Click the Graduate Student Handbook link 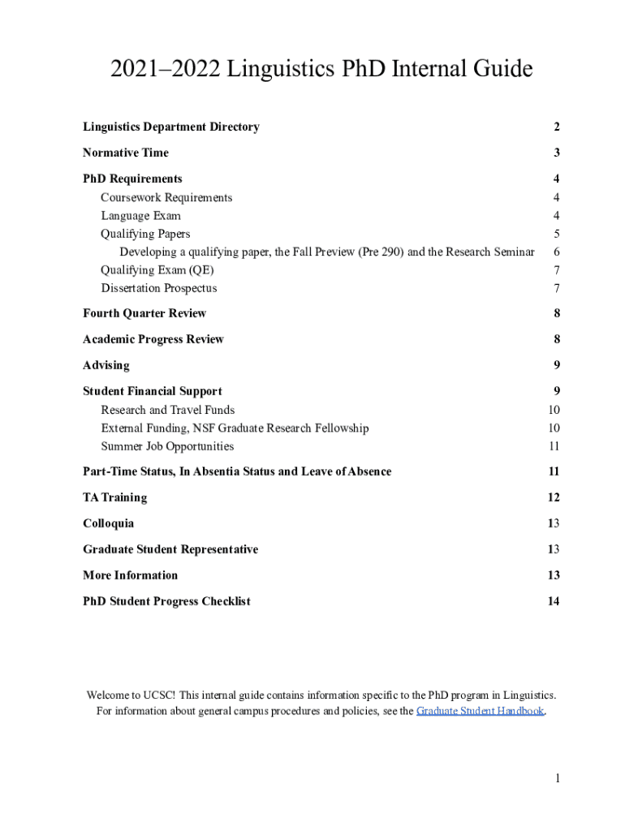[x=480, y=711]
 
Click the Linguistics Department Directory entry [x=171, y=127]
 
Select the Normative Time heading [x=126, y=153]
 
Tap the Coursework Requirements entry [x=166, y=197]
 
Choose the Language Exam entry [x=140, y=216]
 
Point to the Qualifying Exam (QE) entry [x=157, y=270]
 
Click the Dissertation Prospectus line [x=159, y=288]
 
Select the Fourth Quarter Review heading [x=144, y=313]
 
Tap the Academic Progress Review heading [x=153, y=339]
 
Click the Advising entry [x=106, y=365]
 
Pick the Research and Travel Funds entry [x=168, y=410]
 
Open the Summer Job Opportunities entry [x=167, y=446]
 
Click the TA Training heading [x=115, y=497]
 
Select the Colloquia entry [x=109, y=523]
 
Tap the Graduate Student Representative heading [x=170, y=549]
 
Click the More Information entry [x=130, y=575]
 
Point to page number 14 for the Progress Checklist [x=554, y=601]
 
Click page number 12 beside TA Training [x=554, y=497]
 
